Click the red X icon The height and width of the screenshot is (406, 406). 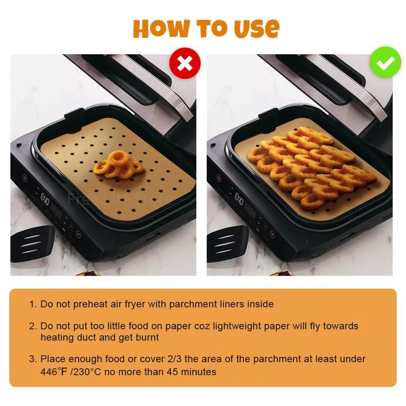(185, 63)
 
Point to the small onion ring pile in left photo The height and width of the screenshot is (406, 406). (118, 165)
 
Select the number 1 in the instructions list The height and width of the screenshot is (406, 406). (32, 304)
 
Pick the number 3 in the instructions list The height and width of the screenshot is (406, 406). (32, 359)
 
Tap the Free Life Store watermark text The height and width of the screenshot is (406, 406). (119, 199)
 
